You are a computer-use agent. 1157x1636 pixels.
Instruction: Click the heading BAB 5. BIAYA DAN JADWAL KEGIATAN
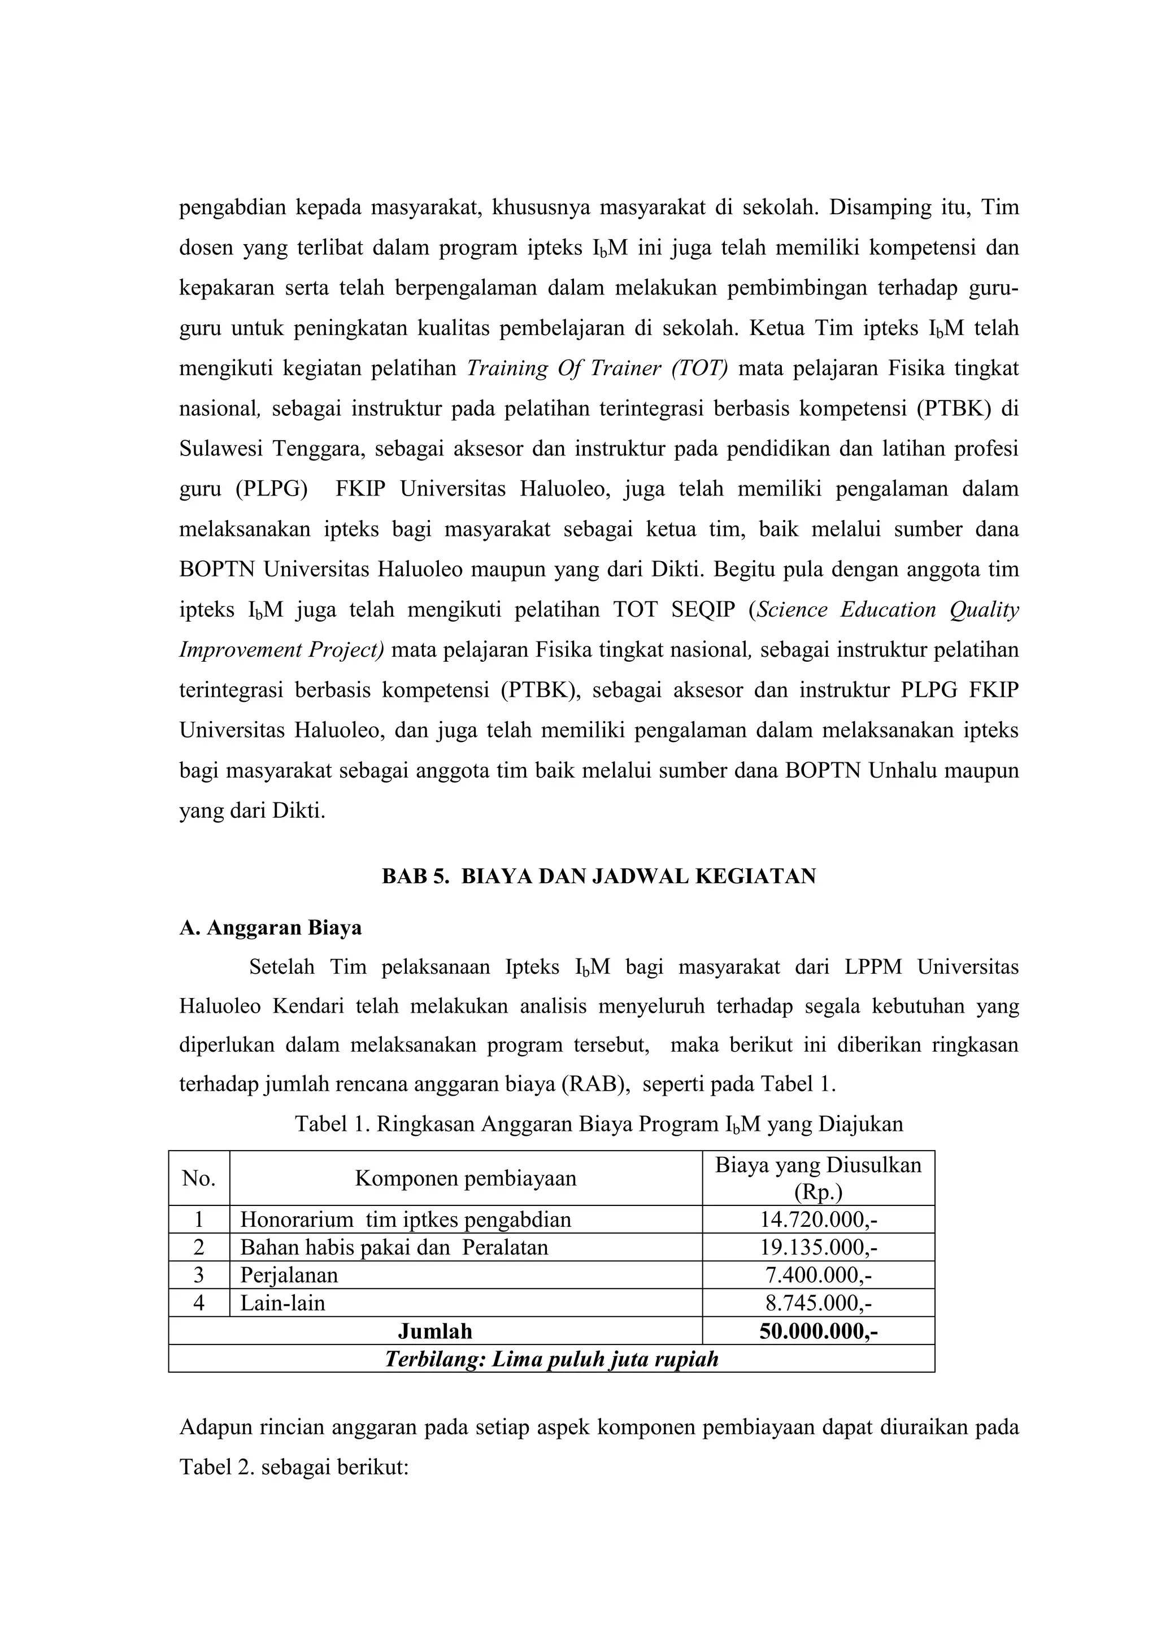coord(598,876)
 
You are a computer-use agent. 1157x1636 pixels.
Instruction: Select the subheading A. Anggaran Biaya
coord(270,928)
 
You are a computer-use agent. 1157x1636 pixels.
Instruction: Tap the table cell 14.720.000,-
coord(818,1219)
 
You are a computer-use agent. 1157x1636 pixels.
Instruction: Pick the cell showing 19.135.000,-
coord(818,1247)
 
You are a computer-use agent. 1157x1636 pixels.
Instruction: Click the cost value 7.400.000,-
coord(818,1275)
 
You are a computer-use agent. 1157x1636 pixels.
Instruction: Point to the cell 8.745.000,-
coord(818,1303)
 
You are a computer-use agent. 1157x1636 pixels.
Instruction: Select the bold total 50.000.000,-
coord(818,1331)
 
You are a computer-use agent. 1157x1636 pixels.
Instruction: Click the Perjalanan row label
coord(289,1275)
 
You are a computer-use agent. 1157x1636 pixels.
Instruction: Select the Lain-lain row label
coord(282,1303)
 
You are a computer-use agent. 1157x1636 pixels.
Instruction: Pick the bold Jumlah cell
coord(434,1331)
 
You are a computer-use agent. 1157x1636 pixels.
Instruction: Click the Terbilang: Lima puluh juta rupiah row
coord(551,1359)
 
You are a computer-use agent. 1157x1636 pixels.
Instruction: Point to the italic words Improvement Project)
coord(281,650)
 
